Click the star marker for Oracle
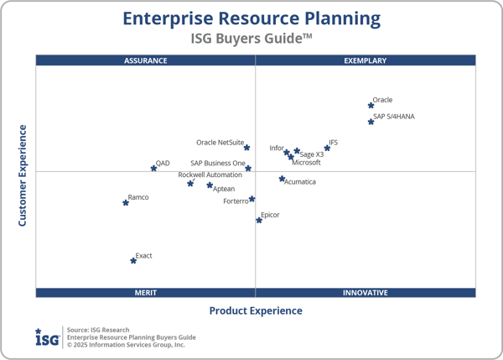pos(371,105)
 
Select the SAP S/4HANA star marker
pos(371,122)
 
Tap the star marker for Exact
pos(133,261)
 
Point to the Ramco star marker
pos(126,202)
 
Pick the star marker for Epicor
pos(259,221)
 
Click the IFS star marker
pos(328,149)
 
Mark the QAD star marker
pos(153,169)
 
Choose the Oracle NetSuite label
pos(220,143)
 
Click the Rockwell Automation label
pos(210,175)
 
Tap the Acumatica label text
pos(300,182)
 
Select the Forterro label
pos(236,201)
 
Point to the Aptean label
pos(224,189)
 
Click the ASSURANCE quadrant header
pos(146,60)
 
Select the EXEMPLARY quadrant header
pos(366,60)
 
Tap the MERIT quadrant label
pos(146,293)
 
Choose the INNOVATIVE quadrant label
pos(366,293)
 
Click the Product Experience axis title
pos(256,310)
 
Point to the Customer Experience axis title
pos(23,175)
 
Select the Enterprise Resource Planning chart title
pos(251,18)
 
